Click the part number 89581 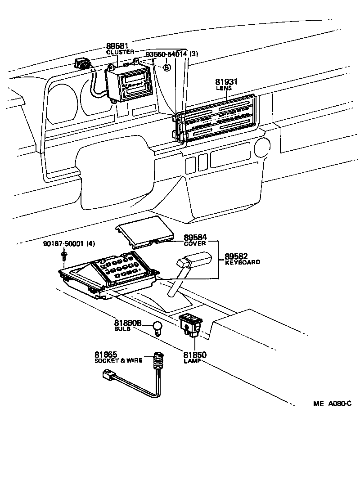(117, 46)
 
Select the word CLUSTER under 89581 (120, 53)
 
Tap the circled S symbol (166, 67)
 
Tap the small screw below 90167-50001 (63, 256)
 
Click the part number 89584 (194, 237)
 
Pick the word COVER (195, 243)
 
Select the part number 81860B (128, 323)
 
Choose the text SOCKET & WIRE (118, 360)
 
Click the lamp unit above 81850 (191, 325)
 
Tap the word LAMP (191, 361)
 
